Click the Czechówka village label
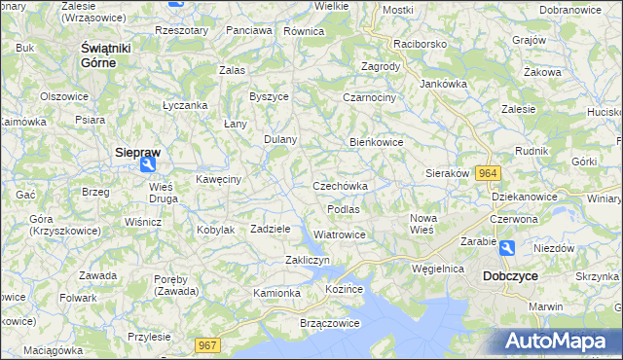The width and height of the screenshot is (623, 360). click(340, 186)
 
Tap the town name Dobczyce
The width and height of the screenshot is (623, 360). click(510, 276)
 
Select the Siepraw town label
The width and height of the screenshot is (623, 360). click(137, 153)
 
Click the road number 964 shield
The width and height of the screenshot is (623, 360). click(490, 173)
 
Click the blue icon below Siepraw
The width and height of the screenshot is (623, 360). click(146, 166)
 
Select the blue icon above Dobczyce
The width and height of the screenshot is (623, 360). click(507, 249)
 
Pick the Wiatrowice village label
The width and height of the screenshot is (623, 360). click(340, 234)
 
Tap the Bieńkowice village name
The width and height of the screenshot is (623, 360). click(377, 142)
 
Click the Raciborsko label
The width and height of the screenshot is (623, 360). click(419, 45)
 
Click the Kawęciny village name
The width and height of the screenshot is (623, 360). click(218, 179)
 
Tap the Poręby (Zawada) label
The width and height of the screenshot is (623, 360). click(177, 284)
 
